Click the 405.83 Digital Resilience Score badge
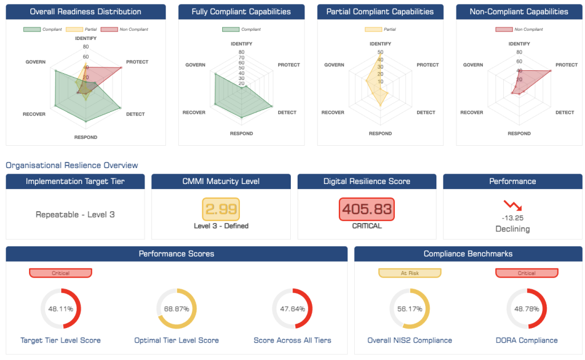[x=366, y=209]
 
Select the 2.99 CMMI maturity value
[x=221, y=209]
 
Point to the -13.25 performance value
[x=512, y=218]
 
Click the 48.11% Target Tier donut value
[x=61, y=309]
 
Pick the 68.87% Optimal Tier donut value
[x=177, y=309]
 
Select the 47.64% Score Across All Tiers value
[x=292, y=309]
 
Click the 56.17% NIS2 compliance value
[x=410, y=309]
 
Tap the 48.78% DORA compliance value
[x=526, y=309]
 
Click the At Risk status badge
[x=410, y=273]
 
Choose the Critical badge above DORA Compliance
[x=526, y=273]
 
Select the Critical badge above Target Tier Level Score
[x=61, y=273]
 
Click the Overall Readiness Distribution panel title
[x=86, y=11]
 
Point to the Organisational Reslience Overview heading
[x=72, y=165]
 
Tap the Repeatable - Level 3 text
[x=74, y=215]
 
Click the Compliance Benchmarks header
[x=468, y=254]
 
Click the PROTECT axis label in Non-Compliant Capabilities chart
[x=566, y=65]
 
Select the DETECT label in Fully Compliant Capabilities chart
[x=287, y=113]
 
